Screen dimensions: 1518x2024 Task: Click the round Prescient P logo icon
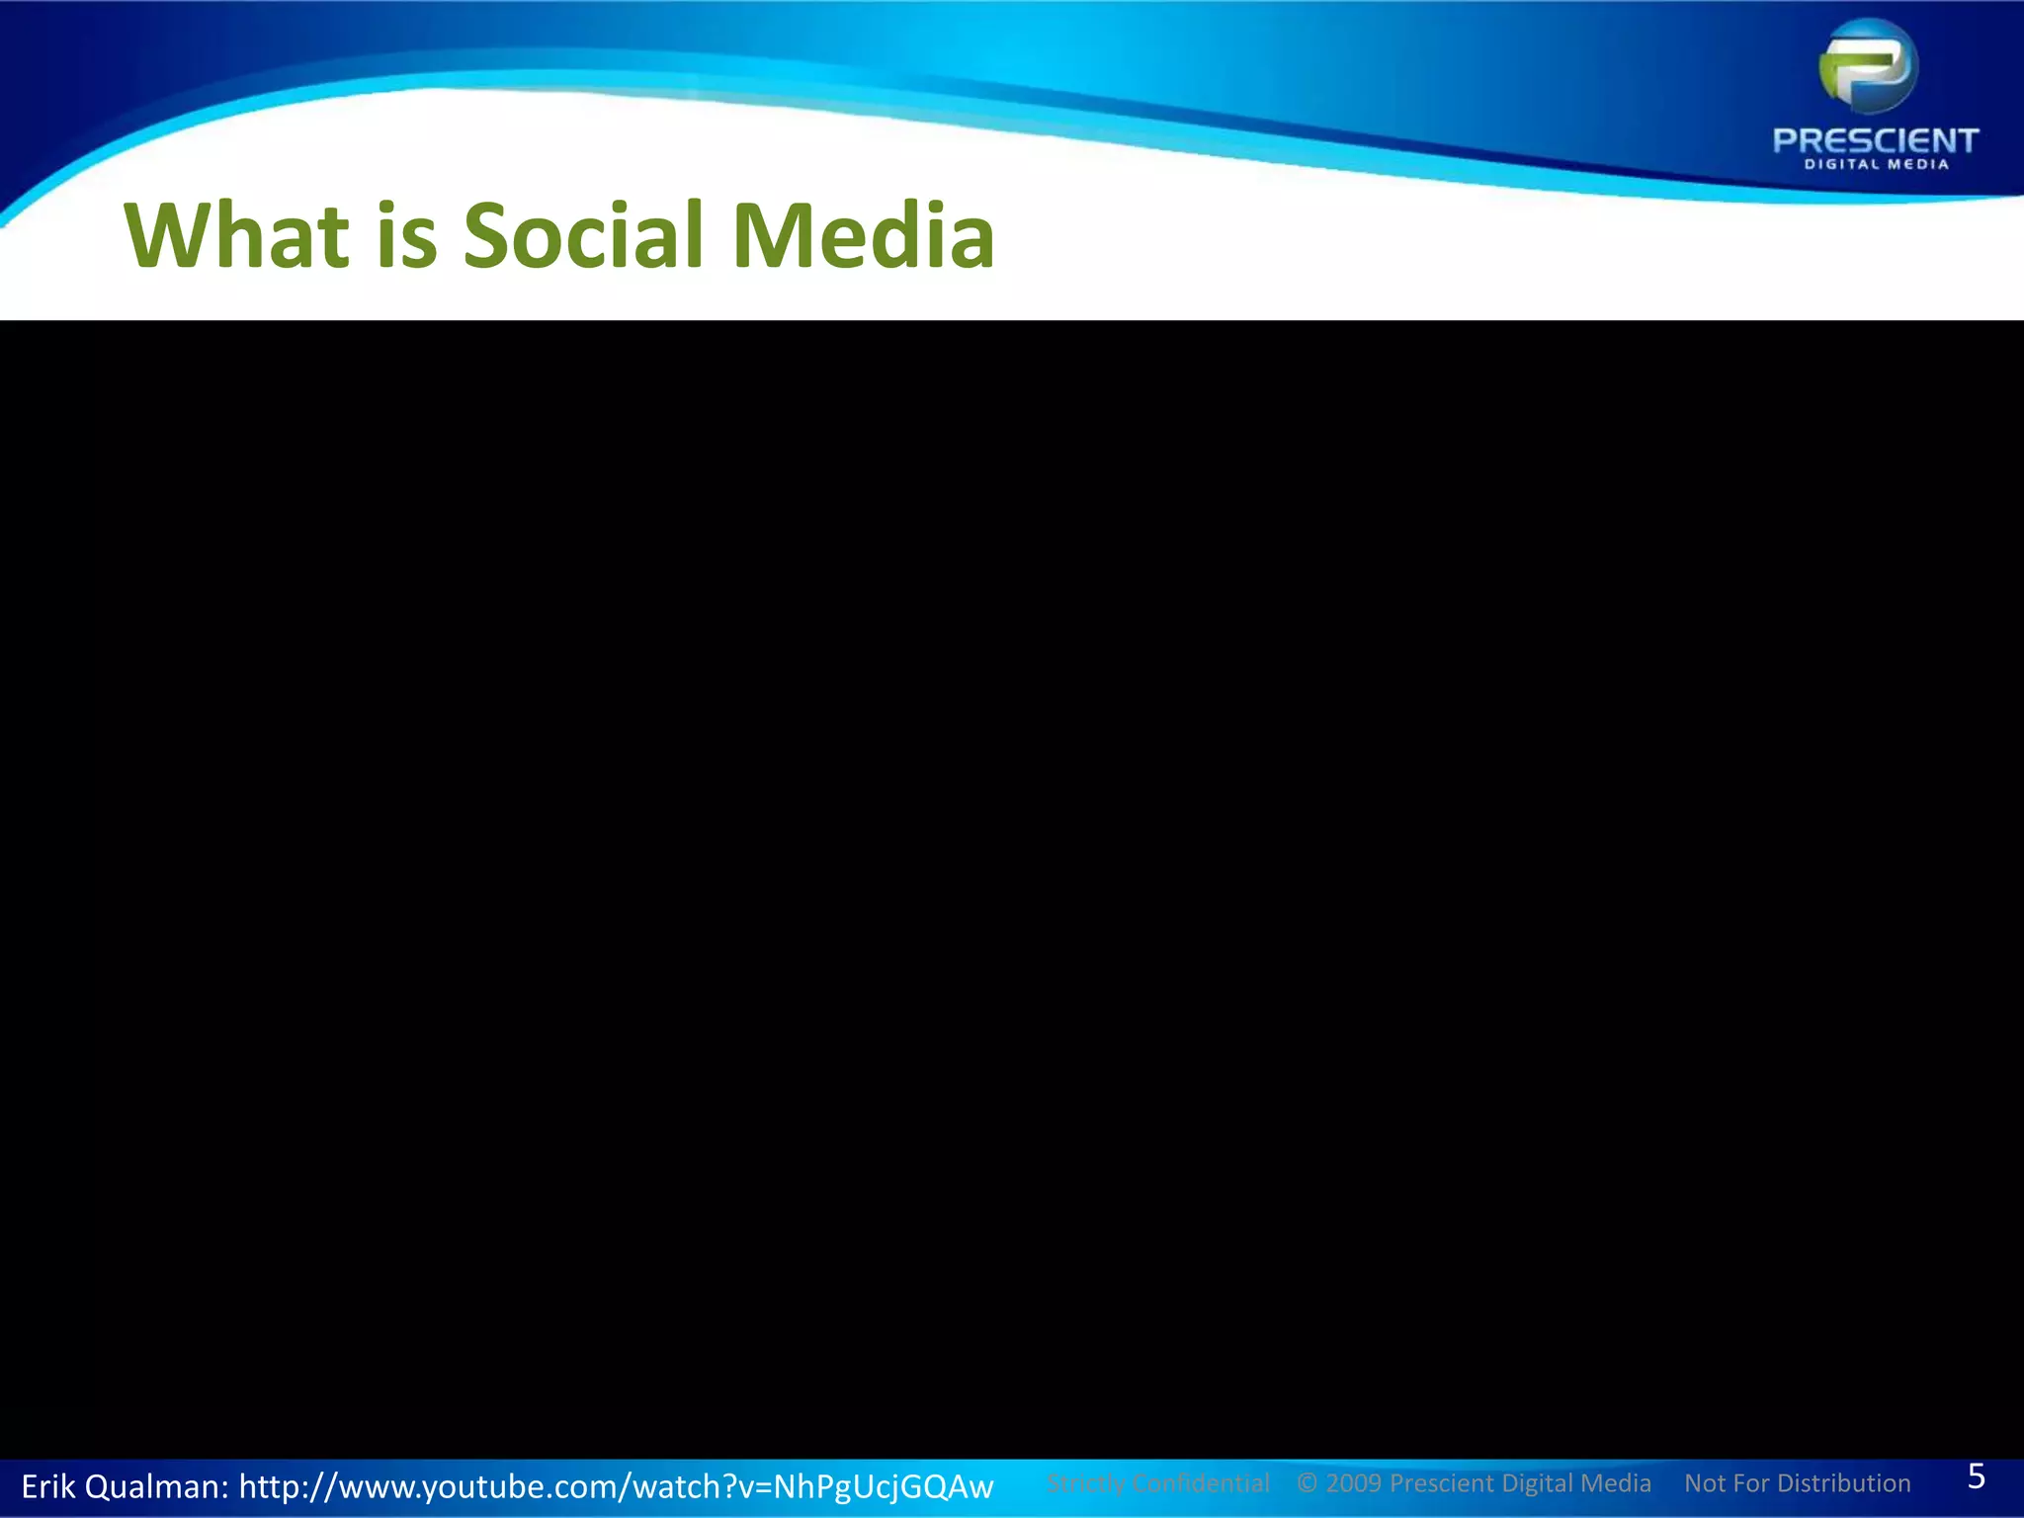coord(1868,66)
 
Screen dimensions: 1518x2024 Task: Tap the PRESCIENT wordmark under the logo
coord(1875,140)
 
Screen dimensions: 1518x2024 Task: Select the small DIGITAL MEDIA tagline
coord(1876,164)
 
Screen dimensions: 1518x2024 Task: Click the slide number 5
coord(1976,1476)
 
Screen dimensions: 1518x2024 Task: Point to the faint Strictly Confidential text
coord(1157,1483)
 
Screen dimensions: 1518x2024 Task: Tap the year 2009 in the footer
coord(1353,1483)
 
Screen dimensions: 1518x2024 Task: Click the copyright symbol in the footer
coord(1307,1483)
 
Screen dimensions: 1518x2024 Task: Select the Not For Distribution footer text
coord(1797,1483)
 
